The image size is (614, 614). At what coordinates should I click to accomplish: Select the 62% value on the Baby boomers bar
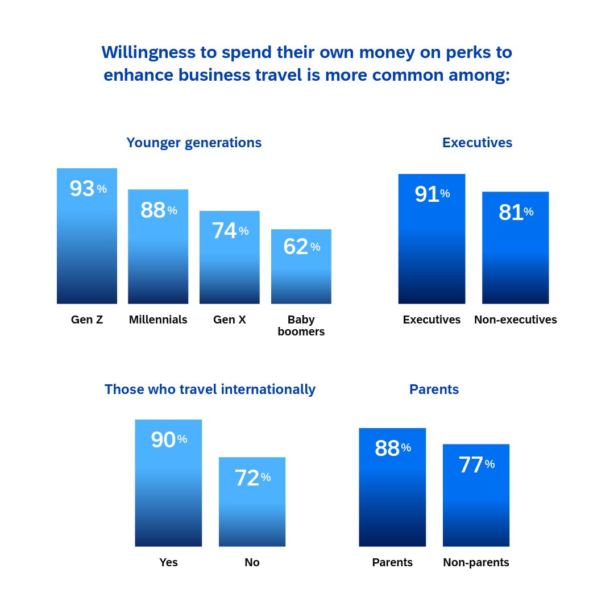click(301, 247)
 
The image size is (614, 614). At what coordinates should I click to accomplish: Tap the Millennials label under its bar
click(158, 320)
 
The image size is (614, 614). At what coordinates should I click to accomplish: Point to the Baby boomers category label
click(301, 326)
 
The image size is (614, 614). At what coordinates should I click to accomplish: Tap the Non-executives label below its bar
click(515, 320)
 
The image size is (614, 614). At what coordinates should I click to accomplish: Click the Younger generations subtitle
click(194, 143)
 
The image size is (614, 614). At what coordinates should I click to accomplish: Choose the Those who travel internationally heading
click(210, 389)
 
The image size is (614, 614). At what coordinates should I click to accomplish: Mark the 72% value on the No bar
click(252, 478)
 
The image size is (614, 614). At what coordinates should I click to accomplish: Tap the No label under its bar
click(252, 563)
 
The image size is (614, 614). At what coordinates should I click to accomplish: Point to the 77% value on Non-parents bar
click(476, 465)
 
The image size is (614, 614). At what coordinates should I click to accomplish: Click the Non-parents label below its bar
click(476, 563)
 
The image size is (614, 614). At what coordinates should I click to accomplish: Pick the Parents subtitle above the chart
click(434, 389)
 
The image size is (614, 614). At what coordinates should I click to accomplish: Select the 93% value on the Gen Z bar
click(87, 189)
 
